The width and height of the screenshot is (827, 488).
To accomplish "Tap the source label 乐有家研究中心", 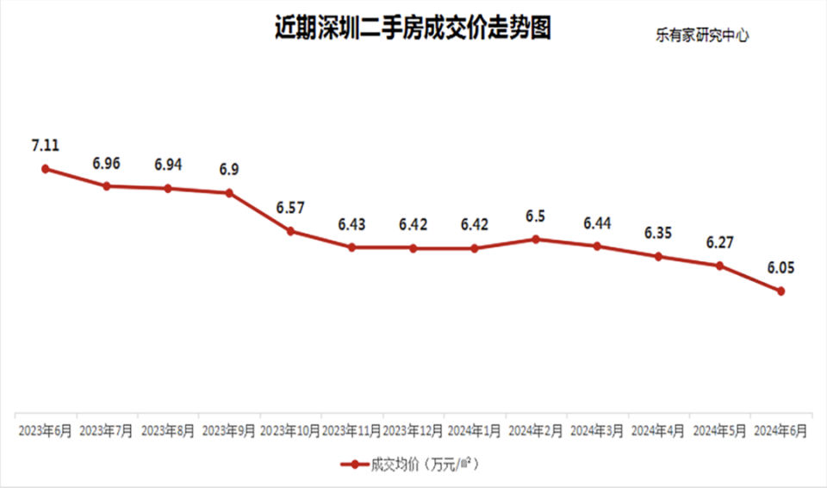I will pyautogui.click(x=702, y=36).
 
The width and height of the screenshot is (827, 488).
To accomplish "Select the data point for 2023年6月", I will pyautogui.click(x=45, y=169).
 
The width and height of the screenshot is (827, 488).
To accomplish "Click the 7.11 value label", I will pyautogui.click(x=45, y=146).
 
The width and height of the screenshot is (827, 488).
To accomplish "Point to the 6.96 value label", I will pyautogui.click(x=107, y=162).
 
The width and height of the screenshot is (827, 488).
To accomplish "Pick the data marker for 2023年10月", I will pyautogui.click(x=290, y=231).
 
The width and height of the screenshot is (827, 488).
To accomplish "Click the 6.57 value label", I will pyautogui.click(x=290, y=208).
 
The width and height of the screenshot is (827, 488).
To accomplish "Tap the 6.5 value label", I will pyautogui.click(x=536, y=216).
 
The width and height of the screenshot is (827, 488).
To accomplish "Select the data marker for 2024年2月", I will pyautogui.click(x=536, y=239).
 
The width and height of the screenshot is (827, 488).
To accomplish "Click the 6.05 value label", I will pyautogui.click(x=780, y=267).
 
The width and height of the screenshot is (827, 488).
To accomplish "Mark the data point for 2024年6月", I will pyautogui.click(x=780, y=291).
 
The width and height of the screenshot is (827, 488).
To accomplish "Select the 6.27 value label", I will pyautogui.click(x=719, y=242).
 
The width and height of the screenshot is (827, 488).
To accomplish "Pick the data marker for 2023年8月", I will pyautogui.click(x=168, y=188).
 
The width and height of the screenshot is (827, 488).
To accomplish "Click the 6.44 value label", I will pyautogui.click(x=597, y=223).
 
